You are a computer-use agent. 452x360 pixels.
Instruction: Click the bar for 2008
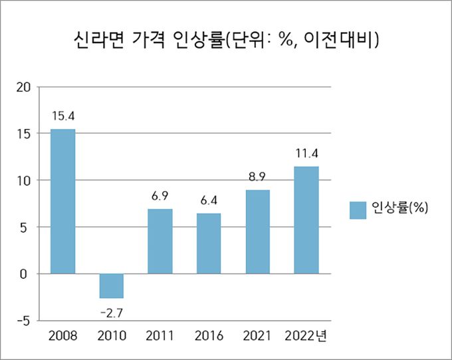pyautogui.click(x=63, y=201)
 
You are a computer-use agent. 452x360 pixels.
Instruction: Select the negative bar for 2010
pyautogui.click(x=111, y=285)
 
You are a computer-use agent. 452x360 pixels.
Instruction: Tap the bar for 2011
pyautogui.click(x=160, y=241)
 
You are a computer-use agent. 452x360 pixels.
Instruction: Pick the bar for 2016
pyautogui.click(x=209, y=243)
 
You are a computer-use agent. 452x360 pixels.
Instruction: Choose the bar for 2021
pyautogui.click(x=257, y=232)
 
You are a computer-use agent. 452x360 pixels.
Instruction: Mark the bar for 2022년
pyautogui.click(x=306, y=220)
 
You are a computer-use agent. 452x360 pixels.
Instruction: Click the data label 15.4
pyautogui.click(x=63, y=116)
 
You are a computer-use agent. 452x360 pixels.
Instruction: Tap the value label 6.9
pyautogui.click(x=160, y=196)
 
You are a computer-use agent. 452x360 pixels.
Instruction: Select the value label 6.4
pyautogui.click(x=209, y=200)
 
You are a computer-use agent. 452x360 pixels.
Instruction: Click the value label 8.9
pyautogui.click(x=257, y=177)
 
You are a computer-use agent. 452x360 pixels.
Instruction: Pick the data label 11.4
pyautogui.click(x=306, y=154)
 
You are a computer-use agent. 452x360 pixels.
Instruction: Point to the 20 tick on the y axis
pyautogui.click(x=24, y=87)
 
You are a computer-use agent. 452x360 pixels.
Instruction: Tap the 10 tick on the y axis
pyautogui.click(x=24, y=180)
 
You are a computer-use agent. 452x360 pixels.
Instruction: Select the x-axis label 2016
pyautogui.click(x=209, y=335)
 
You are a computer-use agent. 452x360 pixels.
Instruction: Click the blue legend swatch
pyautogui.click(x=358, y=210)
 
